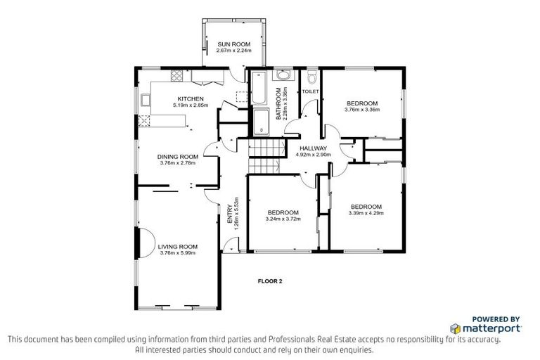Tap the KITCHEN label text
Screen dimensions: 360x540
pos(190,98)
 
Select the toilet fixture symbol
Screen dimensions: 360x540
pos(311,77)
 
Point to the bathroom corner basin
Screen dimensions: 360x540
pos(283,75)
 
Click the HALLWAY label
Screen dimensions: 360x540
pos(313,148)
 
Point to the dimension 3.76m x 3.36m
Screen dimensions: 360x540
pos(362,110)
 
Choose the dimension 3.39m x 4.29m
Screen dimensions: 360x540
pos(367,213)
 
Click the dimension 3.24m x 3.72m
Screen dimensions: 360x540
pos(283,219)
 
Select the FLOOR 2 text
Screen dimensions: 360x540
pos(269,281)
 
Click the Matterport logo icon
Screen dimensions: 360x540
pos(455,328)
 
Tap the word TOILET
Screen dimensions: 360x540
pos(310,92)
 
